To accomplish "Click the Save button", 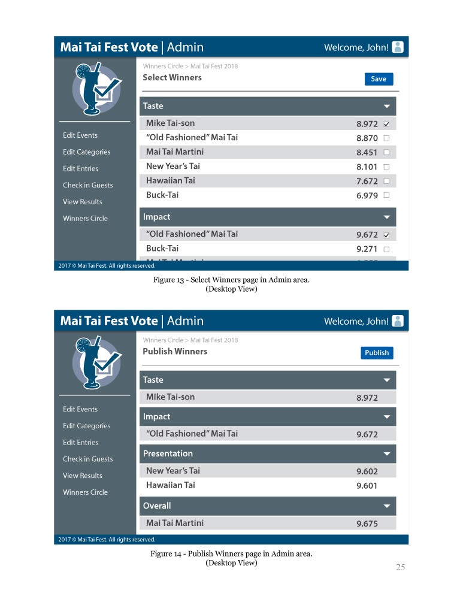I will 379,79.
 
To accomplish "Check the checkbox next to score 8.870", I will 386,138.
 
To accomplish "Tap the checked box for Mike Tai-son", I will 386,125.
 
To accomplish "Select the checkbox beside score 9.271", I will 386,249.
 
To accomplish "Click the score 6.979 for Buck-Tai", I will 367,196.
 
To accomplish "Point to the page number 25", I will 400,567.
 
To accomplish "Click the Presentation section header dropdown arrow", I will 387,454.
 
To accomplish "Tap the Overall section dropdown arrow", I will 387,506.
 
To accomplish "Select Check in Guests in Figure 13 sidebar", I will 87,185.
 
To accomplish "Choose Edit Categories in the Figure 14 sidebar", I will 86,426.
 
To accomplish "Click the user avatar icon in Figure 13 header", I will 398,47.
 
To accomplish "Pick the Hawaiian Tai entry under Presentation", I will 171,485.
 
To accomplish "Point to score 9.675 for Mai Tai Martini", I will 367,524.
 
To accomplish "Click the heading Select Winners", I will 172,78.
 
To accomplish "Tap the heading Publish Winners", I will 175,352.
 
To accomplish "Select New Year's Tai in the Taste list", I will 173,167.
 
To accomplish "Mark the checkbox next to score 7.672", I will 386,181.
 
